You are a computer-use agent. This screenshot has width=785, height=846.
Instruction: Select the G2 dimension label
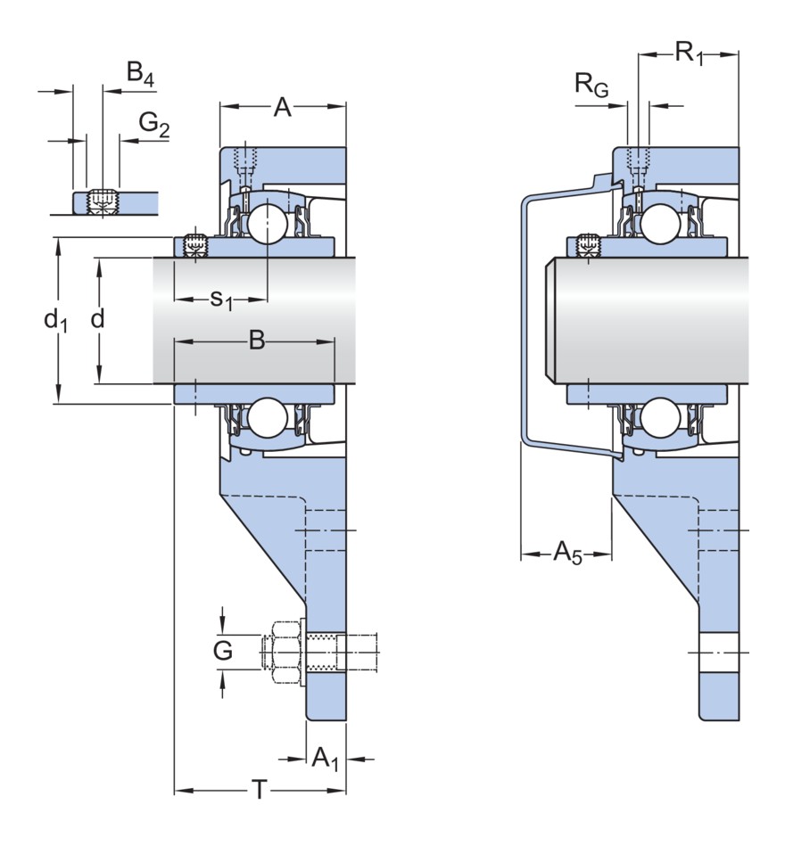click(x=153, y=126)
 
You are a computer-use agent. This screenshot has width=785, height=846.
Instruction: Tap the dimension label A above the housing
click(x=282, y=108)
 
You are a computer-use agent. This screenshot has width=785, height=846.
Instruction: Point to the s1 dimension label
click(x=220, y=300)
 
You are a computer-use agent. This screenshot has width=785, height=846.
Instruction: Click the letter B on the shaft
click(x=257, y=340)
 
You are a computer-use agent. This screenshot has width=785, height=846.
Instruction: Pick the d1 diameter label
click(x=56, y=319)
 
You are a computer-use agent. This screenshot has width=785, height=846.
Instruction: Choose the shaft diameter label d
click(x=98, y=318)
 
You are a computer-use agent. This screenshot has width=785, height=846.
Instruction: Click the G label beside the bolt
click(x=223, y=651)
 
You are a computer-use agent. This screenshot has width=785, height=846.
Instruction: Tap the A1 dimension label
click(x=325, y=759)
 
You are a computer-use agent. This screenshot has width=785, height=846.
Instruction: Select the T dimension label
click(x=259, y=789)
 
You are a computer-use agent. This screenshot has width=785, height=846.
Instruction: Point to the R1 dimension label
click(x=688, y=53)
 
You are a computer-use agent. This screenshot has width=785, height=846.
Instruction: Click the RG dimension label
click(x=591, y=86)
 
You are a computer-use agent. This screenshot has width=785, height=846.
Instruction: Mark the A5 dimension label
click(x=567, y=553)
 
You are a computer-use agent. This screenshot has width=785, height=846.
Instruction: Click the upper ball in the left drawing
click(x=267, y=224)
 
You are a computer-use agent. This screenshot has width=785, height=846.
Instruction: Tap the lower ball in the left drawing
click(x=267, y=417)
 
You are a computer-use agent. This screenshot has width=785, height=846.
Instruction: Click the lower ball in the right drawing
click(x=659, y=417)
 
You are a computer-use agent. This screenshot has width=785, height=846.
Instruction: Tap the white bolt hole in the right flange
click(x=719, y=652)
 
